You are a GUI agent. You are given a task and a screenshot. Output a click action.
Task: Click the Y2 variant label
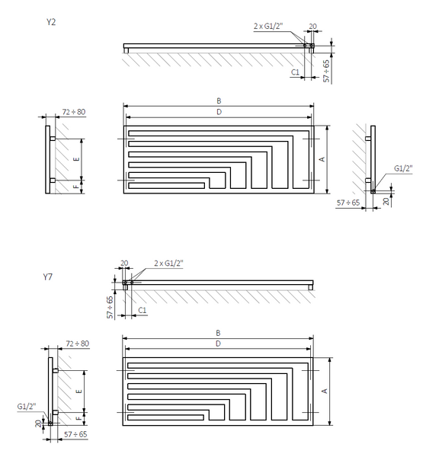coord(51,22)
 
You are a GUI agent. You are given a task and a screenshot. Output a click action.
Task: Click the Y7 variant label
coord(48,276)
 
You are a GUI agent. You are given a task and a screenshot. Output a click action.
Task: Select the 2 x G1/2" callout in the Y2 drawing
coord(268,26)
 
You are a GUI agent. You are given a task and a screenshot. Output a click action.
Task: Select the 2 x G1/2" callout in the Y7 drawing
coord(168,264)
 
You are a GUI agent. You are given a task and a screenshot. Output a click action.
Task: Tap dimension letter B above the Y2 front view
coord(219,101)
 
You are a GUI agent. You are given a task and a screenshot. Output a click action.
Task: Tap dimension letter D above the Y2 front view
coord(219,112)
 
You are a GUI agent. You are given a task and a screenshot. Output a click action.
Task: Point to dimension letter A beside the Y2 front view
coord(322,159)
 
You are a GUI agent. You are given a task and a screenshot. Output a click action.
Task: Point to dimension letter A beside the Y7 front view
coord(325,391)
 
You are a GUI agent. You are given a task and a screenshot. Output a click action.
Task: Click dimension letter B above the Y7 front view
coord(218,333)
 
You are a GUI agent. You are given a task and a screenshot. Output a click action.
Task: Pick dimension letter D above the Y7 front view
coord(218,344)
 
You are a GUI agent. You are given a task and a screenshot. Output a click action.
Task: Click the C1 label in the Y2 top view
coord(295,72)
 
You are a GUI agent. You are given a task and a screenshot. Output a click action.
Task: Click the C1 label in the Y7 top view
coord(142,310)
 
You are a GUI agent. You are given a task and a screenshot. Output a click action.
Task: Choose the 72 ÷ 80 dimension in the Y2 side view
coord(74,112)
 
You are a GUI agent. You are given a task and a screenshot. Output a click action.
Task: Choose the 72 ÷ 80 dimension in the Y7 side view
coord(77,344)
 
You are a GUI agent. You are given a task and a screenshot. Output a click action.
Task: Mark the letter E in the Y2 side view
coord(76,159)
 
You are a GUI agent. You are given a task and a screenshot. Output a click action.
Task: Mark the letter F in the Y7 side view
coord(78,418)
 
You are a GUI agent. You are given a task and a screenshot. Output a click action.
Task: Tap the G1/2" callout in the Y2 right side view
coord(403,168)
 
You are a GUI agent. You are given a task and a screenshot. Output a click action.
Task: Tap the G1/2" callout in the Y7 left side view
coord(27,406)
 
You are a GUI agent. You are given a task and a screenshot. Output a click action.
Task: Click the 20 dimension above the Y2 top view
coord(312,26)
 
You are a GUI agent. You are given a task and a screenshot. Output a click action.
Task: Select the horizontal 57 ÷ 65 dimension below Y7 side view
coord(75,435)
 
